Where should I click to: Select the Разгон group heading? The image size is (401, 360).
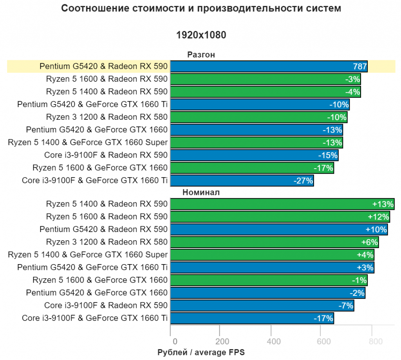tap(201, 55)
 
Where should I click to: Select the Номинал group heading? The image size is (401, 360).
tap(201, 193)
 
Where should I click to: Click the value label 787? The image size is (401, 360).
tap(359, 67)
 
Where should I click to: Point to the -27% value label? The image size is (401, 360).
tap(303, 181)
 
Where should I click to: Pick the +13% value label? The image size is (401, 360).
tap(383, 204)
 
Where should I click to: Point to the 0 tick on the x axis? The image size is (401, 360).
tap(175, 342)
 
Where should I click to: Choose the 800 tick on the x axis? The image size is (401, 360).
tap(376, 342)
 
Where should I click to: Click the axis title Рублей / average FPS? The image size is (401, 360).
tap(201, 353)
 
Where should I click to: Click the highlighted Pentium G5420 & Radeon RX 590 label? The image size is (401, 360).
tap(103, 67)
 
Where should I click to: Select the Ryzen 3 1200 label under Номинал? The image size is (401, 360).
tap(107, 242)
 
